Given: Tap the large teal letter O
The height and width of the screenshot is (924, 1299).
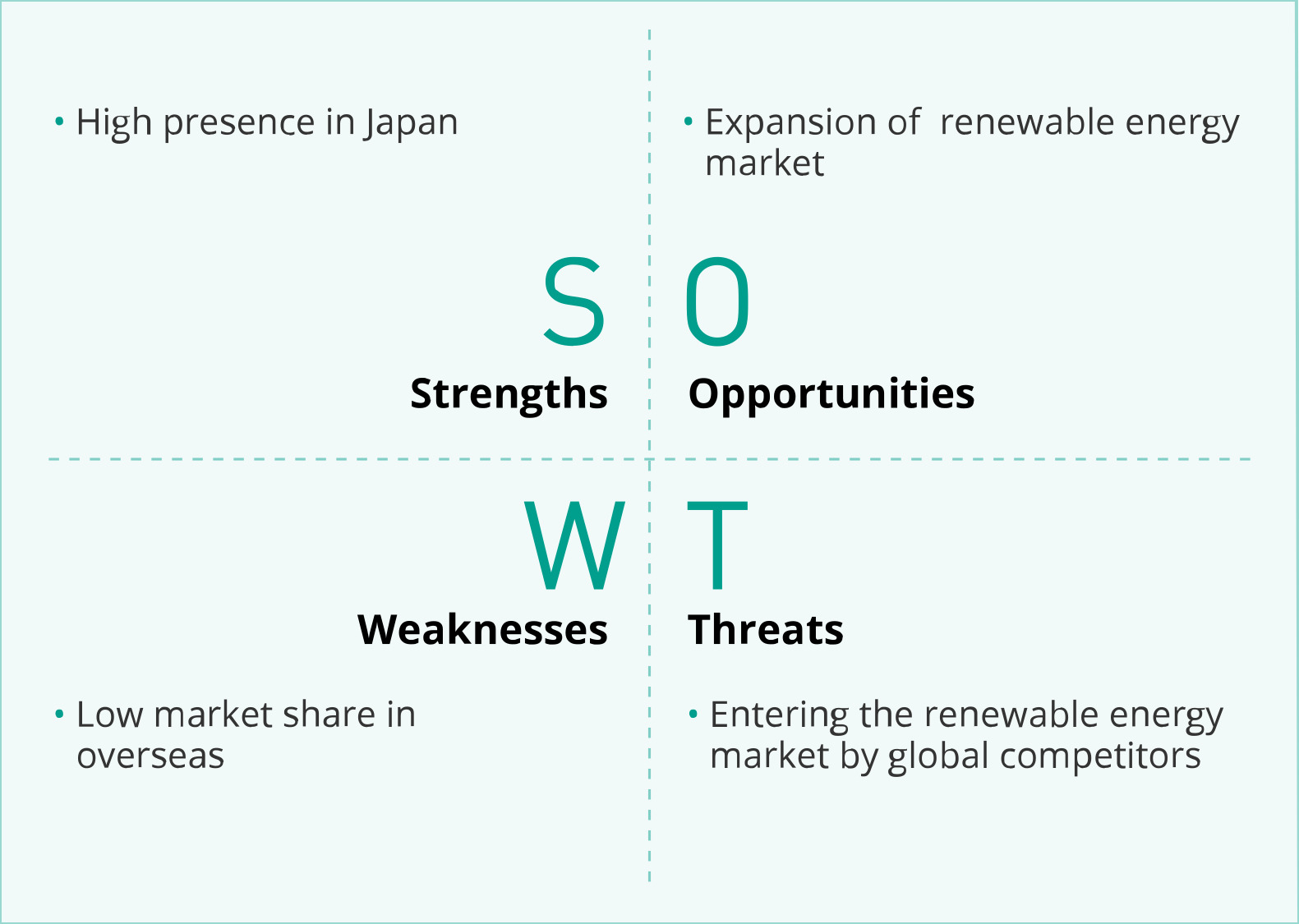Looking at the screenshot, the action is point(717,301).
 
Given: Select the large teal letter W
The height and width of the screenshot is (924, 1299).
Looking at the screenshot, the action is point(574,545).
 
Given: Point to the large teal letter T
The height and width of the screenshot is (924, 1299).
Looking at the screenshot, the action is point(717,545).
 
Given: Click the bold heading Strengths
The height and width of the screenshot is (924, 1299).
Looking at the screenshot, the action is point(509,395).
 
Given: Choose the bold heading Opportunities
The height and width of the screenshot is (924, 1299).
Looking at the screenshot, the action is point(831,395).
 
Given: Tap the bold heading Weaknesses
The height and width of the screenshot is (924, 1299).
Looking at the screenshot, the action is point(482,629).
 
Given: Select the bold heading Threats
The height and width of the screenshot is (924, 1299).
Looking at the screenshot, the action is point(766,629).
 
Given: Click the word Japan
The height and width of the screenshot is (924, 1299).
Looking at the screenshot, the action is point(411,123).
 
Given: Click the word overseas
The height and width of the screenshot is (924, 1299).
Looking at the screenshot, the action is point(150,757).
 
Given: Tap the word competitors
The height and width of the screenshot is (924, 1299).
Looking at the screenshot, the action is point(1100,756).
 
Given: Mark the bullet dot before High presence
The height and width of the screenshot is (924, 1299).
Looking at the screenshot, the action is point(59,122).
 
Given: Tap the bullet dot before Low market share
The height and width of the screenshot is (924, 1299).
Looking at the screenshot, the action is point(59,714).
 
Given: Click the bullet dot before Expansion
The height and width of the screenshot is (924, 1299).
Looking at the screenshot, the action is point(689,122).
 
